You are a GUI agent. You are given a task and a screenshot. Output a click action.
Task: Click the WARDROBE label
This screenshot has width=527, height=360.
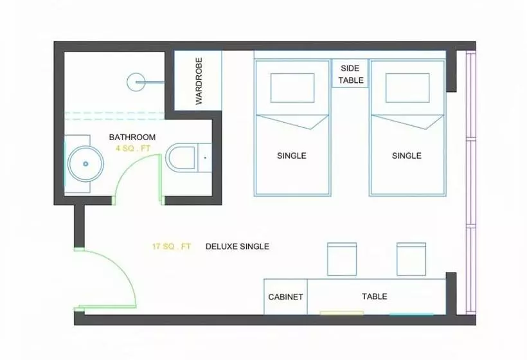pos(199,81)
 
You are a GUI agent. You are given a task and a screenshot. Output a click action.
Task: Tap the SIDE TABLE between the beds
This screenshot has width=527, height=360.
pos(350,74)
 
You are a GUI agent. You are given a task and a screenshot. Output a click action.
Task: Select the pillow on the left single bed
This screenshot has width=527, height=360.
pos(292,87)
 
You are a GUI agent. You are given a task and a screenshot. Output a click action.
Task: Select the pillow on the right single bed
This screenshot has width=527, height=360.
pos(407,87)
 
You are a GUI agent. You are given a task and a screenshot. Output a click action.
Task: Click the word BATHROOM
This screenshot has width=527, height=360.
pos(132,137)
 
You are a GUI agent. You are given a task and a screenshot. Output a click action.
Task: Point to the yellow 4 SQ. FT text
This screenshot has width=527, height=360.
pos(133,148)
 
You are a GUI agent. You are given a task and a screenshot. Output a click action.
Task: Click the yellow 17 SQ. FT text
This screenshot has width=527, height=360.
pos(172,246)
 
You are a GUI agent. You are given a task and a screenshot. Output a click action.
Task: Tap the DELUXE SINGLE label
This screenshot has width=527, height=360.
pos(237,246)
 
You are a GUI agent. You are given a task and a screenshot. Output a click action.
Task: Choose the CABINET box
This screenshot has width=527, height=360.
pos(285,296)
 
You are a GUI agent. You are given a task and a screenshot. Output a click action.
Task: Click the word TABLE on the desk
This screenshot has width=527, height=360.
pos(375,296)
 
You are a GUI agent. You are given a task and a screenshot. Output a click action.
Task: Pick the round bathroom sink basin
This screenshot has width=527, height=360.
pos(85,164)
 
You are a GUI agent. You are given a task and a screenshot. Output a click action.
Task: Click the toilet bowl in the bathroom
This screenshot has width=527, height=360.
pos(181,157)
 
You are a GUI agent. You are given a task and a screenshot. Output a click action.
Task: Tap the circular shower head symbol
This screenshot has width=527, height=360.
pos(136,82)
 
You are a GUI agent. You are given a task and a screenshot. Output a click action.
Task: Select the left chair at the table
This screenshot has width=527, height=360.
pos(342,259)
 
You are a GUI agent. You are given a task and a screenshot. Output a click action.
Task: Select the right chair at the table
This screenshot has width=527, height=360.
pos(411,259)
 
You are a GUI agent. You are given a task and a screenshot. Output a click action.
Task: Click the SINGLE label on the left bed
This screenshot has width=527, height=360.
pos(292,156)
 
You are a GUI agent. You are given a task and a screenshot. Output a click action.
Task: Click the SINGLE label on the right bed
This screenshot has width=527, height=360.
pos(407,156)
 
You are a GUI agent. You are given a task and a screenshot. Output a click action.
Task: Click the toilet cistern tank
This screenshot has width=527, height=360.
pos(204,157)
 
